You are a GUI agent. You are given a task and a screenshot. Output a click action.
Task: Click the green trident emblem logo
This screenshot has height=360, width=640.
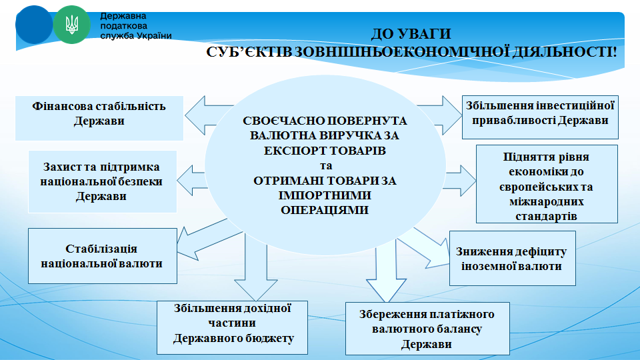tap(71, 25)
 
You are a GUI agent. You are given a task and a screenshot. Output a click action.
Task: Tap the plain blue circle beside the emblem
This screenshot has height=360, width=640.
tap(34, 25)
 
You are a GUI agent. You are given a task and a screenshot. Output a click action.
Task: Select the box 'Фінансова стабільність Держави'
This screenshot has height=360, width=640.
tap(99, 119)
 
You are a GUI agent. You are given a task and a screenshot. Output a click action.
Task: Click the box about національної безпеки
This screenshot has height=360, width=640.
tap(102, 181)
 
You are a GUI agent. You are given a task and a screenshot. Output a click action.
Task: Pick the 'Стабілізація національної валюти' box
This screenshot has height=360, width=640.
tap(103, 256)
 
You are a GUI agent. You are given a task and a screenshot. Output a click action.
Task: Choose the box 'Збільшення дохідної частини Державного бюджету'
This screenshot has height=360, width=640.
tap(232, 328)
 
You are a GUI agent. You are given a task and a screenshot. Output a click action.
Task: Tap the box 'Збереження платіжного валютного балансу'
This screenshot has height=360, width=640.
tap(427, 329)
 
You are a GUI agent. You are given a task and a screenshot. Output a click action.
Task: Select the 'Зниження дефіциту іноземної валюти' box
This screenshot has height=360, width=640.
tap(512, 259)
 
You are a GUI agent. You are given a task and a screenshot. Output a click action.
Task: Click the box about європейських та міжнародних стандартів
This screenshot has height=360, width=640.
tap(547, 184)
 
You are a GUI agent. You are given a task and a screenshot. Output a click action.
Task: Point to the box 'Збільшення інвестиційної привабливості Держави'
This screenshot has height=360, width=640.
tap(540, 117)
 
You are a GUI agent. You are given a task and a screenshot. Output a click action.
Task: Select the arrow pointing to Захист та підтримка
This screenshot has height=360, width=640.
tap(192, 181)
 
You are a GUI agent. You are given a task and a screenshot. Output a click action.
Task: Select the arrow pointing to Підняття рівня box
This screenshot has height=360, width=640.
tap(461, 181)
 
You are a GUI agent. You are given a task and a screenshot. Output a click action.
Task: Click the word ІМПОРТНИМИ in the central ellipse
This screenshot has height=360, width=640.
tap(325, 195)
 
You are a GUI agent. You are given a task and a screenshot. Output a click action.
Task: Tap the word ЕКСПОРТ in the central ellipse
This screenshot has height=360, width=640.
tap(289, 151)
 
